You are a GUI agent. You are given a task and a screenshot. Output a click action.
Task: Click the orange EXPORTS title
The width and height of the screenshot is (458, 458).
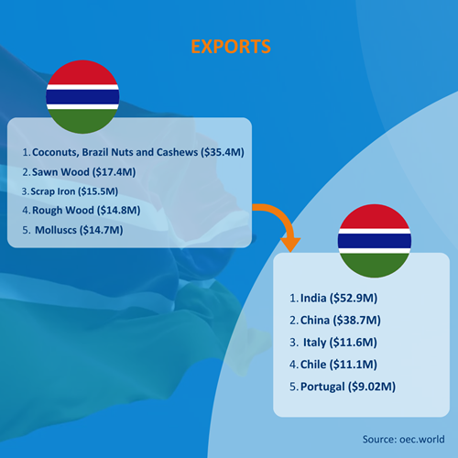pyautogui.click(x=231, y=47)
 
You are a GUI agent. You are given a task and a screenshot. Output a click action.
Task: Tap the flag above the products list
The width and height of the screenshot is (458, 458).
pyautogui.click(x=82, y=97)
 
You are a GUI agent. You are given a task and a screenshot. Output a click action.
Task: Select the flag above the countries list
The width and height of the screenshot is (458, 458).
pyautogui.click(x=375, y=241)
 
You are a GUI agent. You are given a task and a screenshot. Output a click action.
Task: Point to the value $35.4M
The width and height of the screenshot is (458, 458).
pyautogui.click(x=223, y=152)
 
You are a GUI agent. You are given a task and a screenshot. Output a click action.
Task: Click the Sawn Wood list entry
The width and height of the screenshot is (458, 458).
pyautogui.click(x=79, y=172)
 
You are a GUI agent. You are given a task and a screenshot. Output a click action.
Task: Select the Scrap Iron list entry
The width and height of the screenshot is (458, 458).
pyautogui.click(x=70, y=191)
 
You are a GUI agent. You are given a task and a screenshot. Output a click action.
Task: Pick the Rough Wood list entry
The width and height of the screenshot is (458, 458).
pyautogui.click(x=82, y=211)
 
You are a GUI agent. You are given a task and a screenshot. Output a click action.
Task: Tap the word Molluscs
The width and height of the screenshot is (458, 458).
pyautogui.click(x=56, y=230)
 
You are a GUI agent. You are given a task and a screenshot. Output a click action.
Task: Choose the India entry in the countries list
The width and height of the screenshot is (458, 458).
pyautogui.click(x=333, y=298)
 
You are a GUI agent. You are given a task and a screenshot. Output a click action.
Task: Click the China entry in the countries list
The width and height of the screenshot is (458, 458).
pyautogui.click(x=335, y=321)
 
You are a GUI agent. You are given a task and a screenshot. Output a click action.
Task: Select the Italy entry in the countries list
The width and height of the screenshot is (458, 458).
pyautogui.click(x=333, y=343)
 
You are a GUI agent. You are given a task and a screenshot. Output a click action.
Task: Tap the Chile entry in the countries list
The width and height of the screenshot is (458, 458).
pyautogui.click(x=333, y=365)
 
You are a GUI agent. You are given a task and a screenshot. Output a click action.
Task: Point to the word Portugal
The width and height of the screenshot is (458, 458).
pyautogui.click(x=322, y=387)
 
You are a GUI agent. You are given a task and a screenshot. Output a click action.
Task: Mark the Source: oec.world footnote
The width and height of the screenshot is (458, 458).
pyautogui.click(x=403, y=440)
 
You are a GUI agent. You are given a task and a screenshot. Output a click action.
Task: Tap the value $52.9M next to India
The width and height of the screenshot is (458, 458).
pyautogui.click(x=354, y=298)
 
